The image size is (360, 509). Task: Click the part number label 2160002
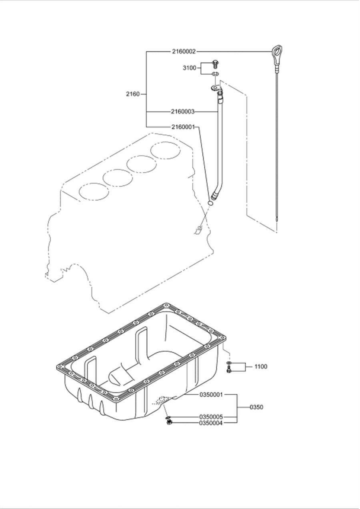[x=184, y=52]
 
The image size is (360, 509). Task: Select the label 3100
[x=190, y=68]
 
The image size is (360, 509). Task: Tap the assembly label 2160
[x=133, y=94]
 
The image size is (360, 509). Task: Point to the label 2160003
[x=183, y=112]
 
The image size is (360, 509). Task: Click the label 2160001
[x=183, y=127]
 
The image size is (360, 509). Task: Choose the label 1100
[x=260, y=367]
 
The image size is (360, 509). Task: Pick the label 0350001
[x=211, y=395]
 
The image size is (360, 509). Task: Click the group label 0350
[x=256, y=407]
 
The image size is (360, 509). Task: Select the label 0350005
[x=211, y=417]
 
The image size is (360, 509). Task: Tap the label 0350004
[x=211, y=423]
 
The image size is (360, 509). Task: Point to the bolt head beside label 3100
[x=216, y=63]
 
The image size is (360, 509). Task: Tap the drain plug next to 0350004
[x=169, y=422]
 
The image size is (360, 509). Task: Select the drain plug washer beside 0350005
[x=167, y=417]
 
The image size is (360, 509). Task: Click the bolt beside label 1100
[x=229, y=370]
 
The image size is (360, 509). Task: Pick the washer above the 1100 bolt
[x=228, y=363]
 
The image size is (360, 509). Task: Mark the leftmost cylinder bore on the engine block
[x=94, y=192]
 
